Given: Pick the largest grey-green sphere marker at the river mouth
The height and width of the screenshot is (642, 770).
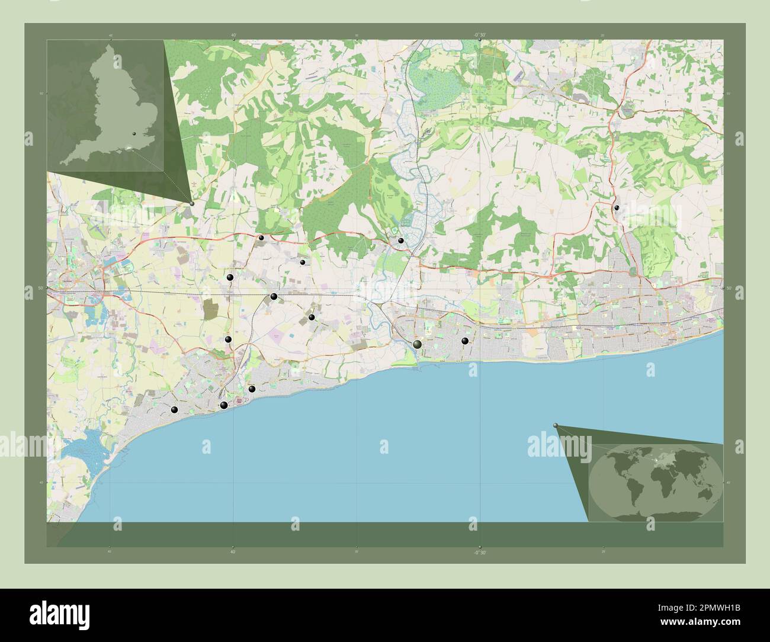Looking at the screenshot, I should click(x=418, y=345).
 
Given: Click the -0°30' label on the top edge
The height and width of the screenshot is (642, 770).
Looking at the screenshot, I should click(x=480, y=35).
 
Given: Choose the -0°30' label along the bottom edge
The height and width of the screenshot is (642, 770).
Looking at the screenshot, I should click(x=480, y=553).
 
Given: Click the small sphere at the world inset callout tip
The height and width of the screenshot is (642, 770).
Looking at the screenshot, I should click(x=556, y=425).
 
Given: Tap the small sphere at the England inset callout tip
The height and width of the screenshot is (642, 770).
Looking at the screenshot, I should click(x=191, y=203).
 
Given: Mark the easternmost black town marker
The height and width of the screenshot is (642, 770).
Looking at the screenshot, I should click(x=617, y=208).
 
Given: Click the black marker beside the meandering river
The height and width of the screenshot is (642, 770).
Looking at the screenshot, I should click(x=401, y=240).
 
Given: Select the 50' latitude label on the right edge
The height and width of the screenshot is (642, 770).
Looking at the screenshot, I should click(x=728, y=288).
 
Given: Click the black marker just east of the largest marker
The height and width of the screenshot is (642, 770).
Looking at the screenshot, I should click(x=465, y=341).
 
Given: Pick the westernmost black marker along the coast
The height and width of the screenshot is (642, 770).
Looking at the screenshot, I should click(x=174, y=410).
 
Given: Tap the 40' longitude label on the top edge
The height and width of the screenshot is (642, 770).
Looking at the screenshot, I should click(x=233, y=35).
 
